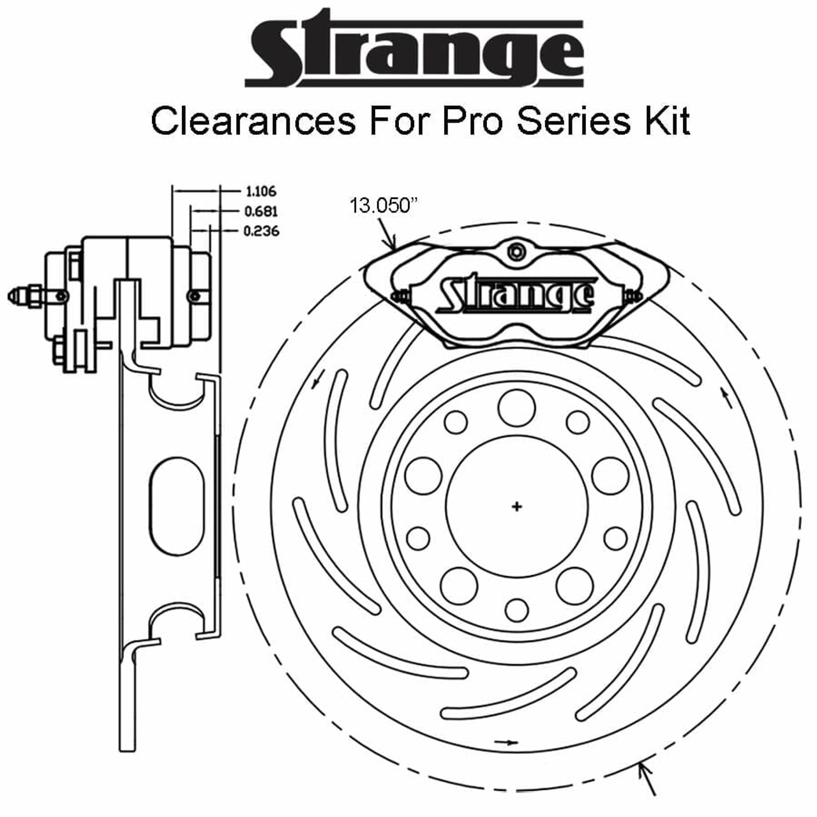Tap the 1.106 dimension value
pyautogui.click(x=260, y=191)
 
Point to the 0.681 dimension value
pyautogui.click(x=260, y=211)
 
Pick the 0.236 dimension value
pyautogui.click(x=261, y=231)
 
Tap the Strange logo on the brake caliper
pyautogui.click(x=516, y=296)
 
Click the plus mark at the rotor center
pyautogui.click(x=516, y=507)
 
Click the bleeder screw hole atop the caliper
pyautogui.click(x=516, y=251)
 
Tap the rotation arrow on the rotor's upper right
pyautogui.click(x=724, y=396)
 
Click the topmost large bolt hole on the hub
pyautogui.click(x=516, y=407)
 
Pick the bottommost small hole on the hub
pyautogui.click(x=516, y=610)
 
